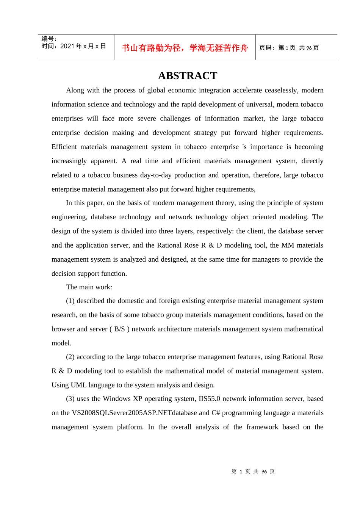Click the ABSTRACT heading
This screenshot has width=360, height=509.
188,76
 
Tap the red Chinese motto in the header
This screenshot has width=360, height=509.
185,48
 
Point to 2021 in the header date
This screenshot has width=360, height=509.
67,46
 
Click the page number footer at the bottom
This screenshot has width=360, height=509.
253,472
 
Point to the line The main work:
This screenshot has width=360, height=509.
89,287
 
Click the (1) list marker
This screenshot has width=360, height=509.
70,301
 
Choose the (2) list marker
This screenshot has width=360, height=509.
70,357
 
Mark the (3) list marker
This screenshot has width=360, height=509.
70,398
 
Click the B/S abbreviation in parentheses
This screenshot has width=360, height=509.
119,329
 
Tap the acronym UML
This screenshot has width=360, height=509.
78,385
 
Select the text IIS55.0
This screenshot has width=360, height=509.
210,398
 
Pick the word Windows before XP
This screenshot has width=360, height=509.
117,398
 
